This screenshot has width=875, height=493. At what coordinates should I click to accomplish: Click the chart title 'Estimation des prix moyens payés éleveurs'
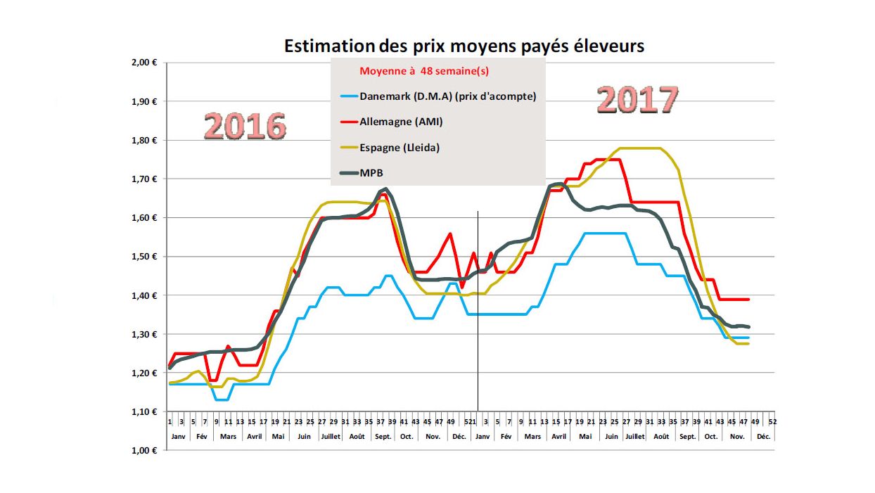pyautogui.click(x=464, y=46)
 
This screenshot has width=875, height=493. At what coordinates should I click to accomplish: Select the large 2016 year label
pyautogui.click(x=245, y=127)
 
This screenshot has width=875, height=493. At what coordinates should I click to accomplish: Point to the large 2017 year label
pyautogui.click(x=638, y=100)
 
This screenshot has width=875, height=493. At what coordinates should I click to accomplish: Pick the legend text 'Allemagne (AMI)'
pyautogui.click(x=401, y=122)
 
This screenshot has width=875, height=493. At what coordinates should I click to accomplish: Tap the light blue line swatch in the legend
pyautogui.click(x=347, y=96)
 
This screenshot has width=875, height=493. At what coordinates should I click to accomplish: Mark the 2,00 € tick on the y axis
pyautogui.click(x=143, y=63)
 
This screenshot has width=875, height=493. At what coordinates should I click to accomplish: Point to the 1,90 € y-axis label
pyautogui.click(x=143, y=101)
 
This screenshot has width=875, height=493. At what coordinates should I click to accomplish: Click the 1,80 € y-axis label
pyautogui.click(x=143, y=140)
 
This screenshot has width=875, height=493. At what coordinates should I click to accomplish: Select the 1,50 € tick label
pyautogui.click(x=143, y=257)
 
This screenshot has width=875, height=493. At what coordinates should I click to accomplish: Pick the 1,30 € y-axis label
pyautogui.click(x=143, y=334)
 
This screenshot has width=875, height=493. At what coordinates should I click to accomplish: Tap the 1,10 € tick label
pyautogui.click(x=143, y=411)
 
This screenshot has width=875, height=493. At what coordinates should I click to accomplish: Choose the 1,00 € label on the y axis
pyautogui.click(x=143, y=451)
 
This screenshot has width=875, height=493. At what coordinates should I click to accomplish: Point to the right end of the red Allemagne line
pyautogui.click(x=748, y=300)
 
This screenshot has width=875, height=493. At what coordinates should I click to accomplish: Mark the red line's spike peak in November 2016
pyautogui.click(x=450, y=233)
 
